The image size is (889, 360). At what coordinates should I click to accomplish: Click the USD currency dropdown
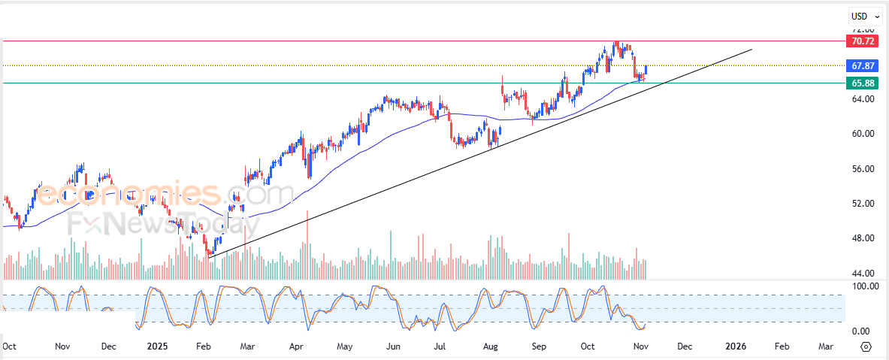pos(863,16)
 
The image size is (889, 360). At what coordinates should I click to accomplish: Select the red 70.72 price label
pos(861,41)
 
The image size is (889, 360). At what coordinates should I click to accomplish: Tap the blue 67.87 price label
pos(861,65)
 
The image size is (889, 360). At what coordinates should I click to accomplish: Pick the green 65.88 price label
pos(861,83)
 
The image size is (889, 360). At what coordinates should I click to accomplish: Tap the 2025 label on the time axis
pos(157,346)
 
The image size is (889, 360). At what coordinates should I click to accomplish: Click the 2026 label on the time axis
pos(735,346)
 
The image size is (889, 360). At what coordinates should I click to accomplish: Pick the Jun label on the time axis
pos(392,346)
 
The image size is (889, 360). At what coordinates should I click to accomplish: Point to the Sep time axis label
pos(538,346)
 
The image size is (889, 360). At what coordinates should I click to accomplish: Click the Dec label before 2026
pos(684,346)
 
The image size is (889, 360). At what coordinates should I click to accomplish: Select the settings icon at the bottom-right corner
pos(866,346)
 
